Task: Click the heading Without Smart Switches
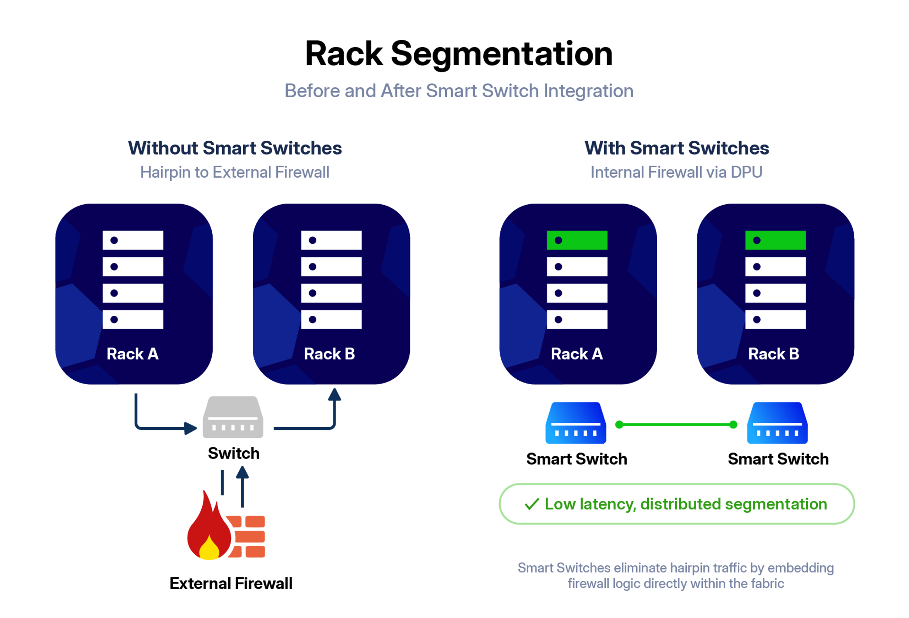click(x=235, y=148)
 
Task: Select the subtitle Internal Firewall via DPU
click(x=676, y=172)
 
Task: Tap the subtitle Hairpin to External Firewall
click(x=235, y=173)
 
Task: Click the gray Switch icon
click(x=233, y=417)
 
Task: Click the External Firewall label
click(x=231, y=583)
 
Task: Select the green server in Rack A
click(x=577, y=240)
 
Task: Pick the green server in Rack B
click(x=775, y=240)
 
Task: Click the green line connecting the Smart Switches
click(x=676, y=424)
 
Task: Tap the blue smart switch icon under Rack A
click(x=576, y=423)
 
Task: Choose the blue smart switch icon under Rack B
click(x=777, y=423)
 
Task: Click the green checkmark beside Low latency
click(x=532, y=504)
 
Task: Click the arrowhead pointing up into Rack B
click(x=334, y=394)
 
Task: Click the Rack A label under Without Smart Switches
click(x=132, y=354)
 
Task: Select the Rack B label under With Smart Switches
click(x=774, y=354)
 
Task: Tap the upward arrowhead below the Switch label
click(x=243, y=472)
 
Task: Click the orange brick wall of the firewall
click(x=246, y=537)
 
